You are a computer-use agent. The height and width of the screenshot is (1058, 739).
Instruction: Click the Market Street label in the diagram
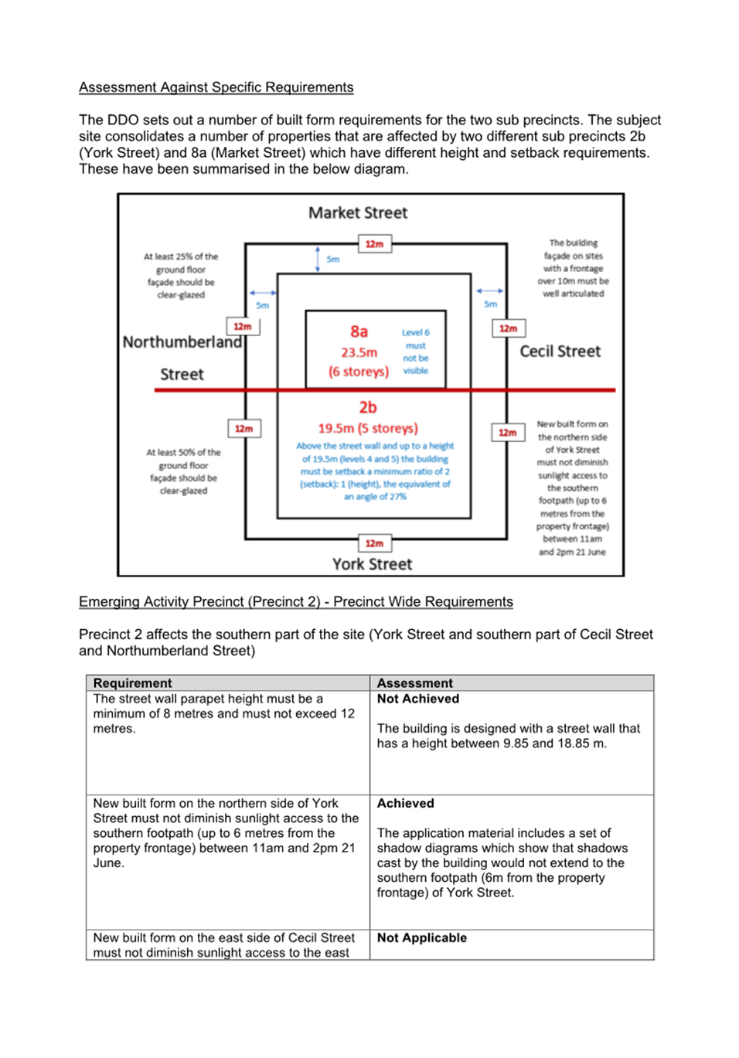tap(358, 213)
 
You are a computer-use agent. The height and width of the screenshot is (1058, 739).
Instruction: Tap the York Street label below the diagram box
tap(372, 564)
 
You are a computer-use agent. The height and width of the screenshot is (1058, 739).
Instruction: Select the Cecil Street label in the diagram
tap(560, 352)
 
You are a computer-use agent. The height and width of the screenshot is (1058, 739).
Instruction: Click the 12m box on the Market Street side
tap(375, 243)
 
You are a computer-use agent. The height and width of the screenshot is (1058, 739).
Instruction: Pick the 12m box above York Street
tap(375, 543)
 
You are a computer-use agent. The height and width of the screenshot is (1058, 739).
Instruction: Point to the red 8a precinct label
tap(359, 332)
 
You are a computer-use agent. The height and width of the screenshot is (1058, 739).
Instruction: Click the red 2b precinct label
tap(368, 407)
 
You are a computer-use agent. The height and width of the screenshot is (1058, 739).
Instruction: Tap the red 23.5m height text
tap(359, 352)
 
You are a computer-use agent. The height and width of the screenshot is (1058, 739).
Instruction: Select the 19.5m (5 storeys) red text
tap(368, 428)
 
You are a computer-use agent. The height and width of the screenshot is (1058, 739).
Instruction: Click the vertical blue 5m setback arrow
tap(318, 260)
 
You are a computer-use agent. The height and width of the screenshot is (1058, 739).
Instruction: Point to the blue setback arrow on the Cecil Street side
tap(490, 291)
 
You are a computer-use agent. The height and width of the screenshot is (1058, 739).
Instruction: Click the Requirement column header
tap(132, 683)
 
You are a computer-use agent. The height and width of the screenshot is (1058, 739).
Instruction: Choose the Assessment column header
tap(414, 683)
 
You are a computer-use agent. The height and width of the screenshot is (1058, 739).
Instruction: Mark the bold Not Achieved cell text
tap(417, 699)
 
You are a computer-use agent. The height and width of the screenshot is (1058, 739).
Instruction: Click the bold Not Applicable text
tap(421, 937)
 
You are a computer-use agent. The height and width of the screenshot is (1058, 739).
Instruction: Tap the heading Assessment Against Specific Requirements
tap(216, 87)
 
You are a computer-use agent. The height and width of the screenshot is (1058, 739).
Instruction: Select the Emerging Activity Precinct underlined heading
tap(296, 602)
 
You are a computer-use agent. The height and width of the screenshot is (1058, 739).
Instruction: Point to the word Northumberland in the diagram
tap(182, 342)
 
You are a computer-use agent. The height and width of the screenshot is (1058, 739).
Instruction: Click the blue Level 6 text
tap(415, 332)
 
